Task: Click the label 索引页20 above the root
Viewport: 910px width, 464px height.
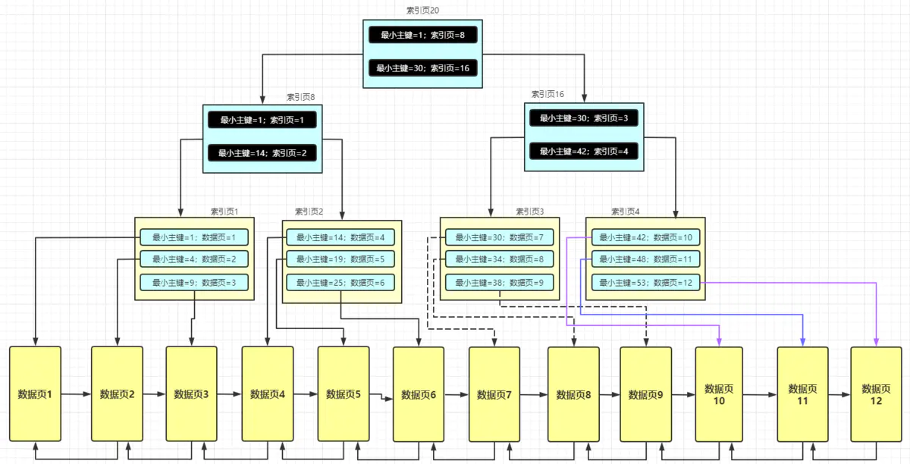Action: [423, 11]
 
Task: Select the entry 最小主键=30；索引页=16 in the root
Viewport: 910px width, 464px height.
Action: [423, 68]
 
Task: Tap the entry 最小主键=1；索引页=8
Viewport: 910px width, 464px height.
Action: [423, 35]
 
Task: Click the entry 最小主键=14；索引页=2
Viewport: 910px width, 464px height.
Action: [262, 153]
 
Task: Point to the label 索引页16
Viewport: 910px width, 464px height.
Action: [548, 94]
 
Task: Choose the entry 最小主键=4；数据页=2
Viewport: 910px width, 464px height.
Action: [194, 259]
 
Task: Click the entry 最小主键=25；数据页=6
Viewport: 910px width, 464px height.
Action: [340, 283]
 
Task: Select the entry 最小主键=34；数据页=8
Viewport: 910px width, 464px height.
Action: [499, 260]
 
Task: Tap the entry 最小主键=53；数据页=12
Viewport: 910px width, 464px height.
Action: [645, 283]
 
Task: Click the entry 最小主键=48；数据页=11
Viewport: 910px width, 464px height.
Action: [645, 260]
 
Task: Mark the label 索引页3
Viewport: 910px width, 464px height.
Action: [530, 212]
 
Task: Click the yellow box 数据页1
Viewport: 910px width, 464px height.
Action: [35, 394]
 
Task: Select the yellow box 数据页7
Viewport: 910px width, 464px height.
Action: [494, 394]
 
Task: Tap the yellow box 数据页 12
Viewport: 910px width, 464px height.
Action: [876, 394]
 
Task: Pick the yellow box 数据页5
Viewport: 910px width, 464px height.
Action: [343, 394]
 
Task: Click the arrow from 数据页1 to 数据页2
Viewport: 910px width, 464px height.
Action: [76, 394]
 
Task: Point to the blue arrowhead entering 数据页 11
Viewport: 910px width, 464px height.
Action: [802, 340]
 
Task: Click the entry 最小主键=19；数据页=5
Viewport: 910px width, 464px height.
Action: [340, 260]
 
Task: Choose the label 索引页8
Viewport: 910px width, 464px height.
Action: [300, 97]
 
